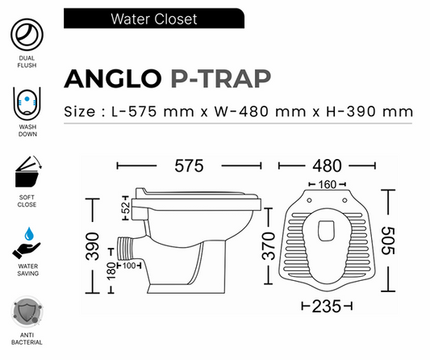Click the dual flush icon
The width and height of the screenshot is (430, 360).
coord(27,36)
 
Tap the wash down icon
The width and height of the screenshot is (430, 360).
coord(27,103)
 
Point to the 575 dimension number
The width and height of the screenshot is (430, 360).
coord(187,165)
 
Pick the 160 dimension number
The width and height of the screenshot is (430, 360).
coord(326,183)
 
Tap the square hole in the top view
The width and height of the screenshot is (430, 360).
coord(328,229)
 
